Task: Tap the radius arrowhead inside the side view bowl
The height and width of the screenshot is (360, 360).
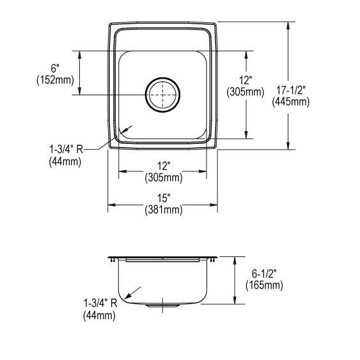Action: (129, 296)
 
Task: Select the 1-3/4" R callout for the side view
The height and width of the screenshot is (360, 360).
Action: (98, 303)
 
